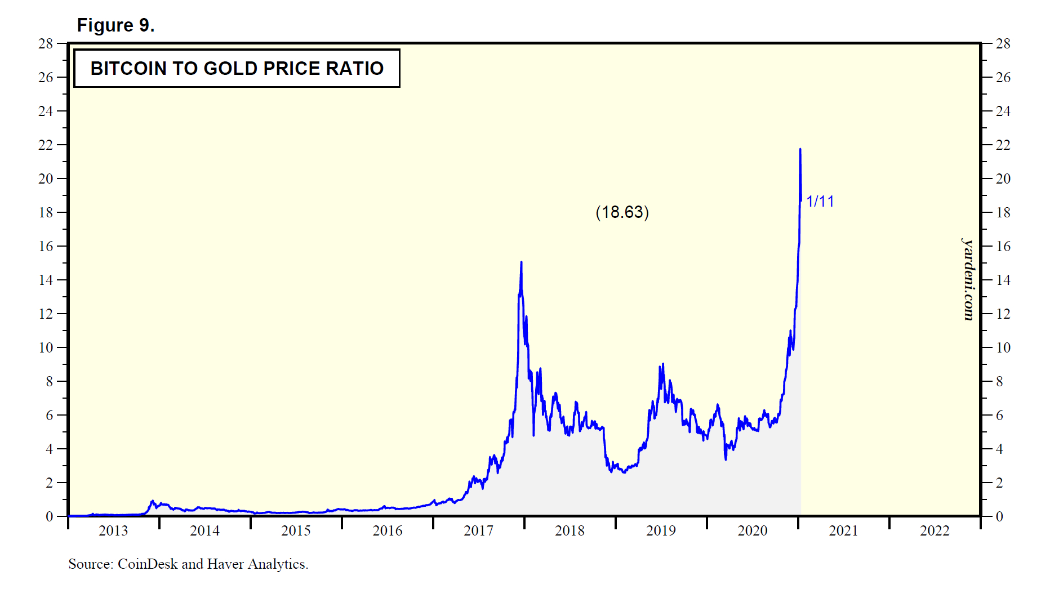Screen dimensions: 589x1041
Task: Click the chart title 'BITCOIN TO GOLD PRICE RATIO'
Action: (237, 68)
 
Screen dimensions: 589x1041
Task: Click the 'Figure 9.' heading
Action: (115, 25)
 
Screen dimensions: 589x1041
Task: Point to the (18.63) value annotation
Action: (622, 212)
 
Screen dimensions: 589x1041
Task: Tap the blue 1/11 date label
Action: (820, 202)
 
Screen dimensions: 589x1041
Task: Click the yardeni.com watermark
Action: (968, 279)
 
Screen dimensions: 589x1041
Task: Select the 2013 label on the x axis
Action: (113, 530)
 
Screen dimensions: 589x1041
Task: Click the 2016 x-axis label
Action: (388, 530)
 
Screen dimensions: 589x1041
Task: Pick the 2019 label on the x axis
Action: (661, 530)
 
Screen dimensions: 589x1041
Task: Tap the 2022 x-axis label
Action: (935, 530)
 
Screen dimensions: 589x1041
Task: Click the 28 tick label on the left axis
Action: (46, 43)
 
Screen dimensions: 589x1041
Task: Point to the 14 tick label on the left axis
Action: (46, 280)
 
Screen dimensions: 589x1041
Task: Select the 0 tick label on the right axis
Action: (999, 516)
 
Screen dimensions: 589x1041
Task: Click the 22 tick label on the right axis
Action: (1003, 145)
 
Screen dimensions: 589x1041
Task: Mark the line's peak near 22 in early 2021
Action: (800, 149)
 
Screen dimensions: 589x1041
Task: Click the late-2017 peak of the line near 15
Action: (521, 262)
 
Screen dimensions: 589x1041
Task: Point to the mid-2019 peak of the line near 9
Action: (662, 364)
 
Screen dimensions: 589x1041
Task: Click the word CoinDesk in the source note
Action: (148, 564)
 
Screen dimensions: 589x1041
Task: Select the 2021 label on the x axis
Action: (843, 530)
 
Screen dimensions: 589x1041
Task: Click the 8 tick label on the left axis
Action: (49, 381)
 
